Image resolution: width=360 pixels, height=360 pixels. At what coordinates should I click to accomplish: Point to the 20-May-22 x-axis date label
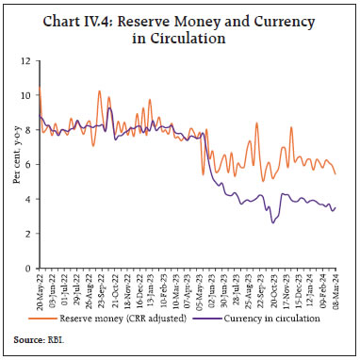[39, 290]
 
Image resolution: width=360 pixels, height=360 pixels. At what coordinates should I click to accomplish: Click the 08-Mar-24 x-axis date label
[337, 290]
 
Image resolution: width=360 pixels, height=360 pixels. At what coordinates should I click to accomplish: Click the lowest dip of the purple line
[272, 222]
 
